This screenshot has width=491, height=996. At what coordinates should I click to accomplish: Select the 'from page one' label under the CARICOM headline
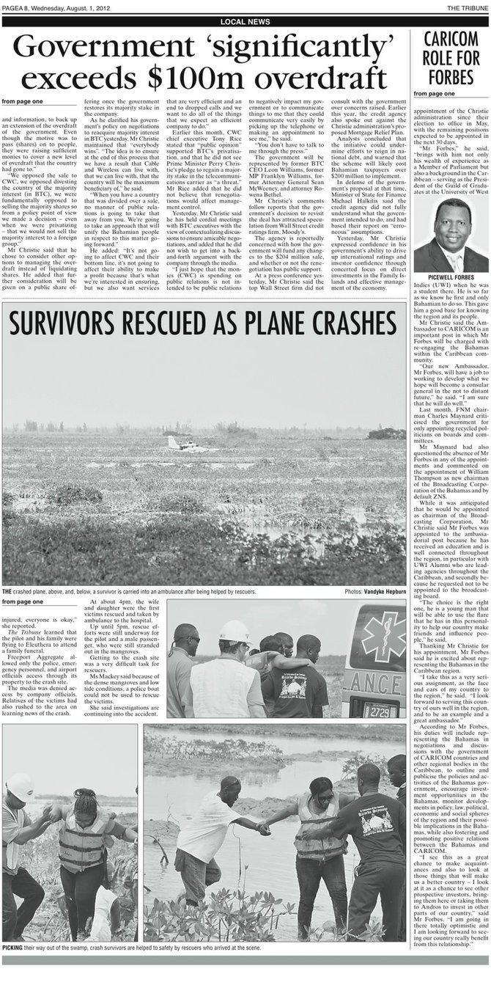433,95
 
